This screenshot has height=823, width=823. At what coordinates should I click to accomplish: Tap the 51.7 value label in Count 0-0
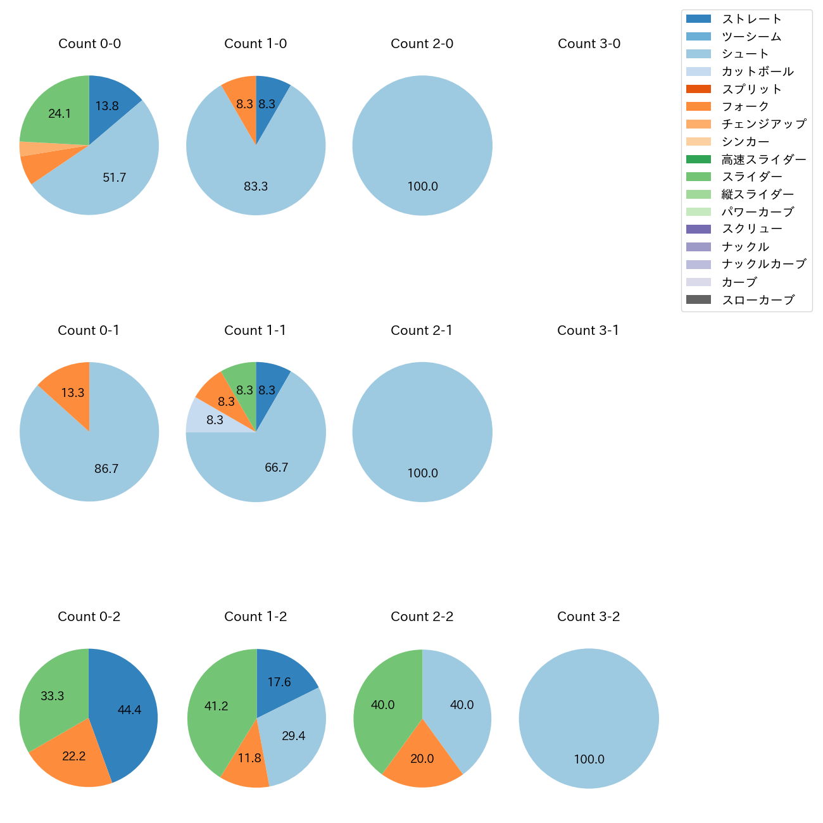(115, 178)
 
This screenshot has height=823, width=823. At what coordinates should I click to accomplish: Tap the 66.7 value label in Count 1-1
(276, 468)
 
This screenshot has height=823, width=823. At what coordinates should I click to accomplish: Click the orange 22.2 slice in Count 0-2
(75, 757)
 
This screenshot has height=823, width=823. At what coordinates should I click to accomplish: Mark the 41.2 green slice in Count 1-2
(215, 706)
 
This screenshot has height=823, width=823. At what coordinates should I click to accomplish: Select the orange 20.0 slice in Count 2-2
(422, 758)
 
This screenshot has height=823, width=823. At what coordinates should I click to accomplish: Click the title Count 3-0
(589, 44)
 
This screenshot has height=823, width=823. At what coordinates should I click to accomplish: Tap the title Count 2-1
(422, 330)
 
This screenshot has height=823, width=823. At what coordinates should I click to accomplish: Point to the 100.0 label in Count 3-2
(589, 760)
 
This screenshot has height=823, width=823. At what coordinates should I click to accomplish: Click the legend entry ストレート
(751, 19)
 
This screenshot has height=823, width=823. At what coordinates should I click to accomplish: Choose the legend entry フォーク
(745, 106)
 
